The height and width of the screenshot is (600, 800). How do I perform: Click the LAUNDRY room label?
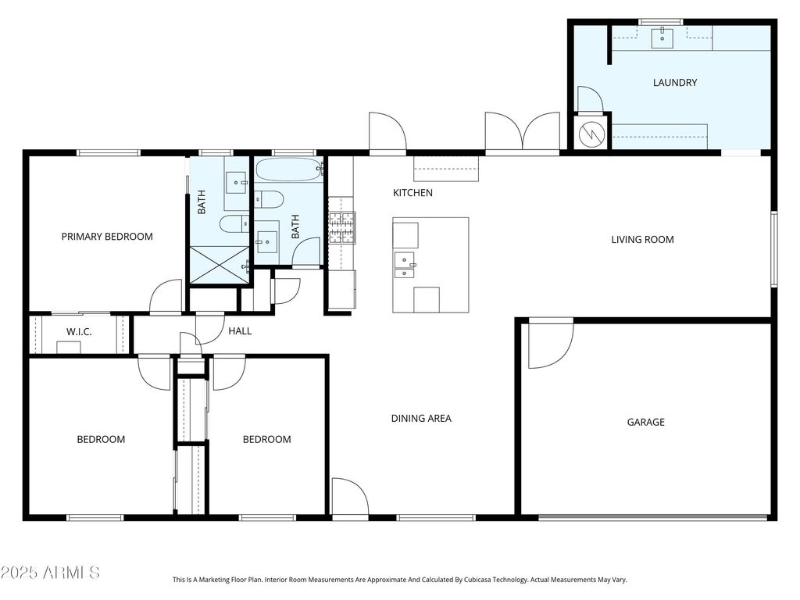point(674,83)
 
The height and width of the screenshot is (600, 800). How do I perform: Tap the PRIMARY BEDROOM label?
point(107,237)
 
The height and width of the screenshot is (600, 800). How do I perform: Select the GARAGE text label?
point(645,423)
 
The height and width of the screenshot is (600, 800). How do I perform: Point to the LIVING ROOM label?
point(642,240)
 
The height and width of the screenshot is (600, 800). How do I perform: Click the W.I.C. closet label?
point(79,332)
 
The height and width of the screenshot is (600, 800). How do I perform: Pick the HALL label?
point(240,331)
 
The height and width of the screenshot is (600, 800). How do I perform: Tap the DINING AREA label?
point(421,419)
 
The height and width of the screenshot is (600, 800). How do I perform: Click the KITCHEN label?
point(412,193)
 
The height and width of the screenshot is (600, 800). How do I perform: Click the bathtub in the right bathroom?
point(289,170)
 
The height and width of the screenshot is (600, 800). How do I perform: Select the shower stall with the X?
point(220,265)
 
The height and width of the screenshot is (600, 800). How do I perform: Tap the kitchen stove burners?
point(342,227)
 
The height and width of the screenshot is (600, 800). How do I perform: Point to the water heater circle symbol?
point(592,134)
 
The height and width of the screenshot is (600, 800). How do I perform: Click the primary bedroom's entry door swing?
point(166,296)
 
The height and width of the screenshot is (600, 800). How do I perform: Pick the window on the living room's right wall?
point(774,248)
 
